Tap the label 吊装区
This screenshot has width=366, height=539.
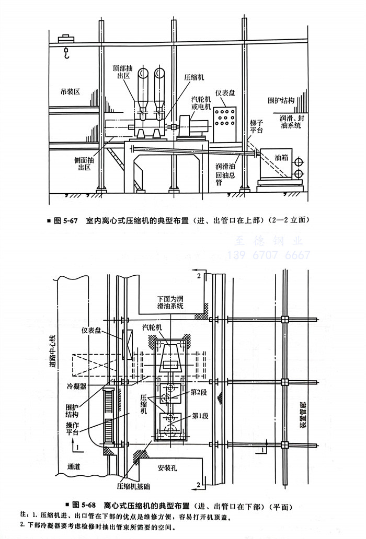coord(68,92)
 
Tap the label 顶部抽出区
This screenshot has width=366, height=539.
coord(124,72)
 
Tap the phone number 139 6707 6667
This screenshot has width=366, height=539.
coord(269,255)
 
